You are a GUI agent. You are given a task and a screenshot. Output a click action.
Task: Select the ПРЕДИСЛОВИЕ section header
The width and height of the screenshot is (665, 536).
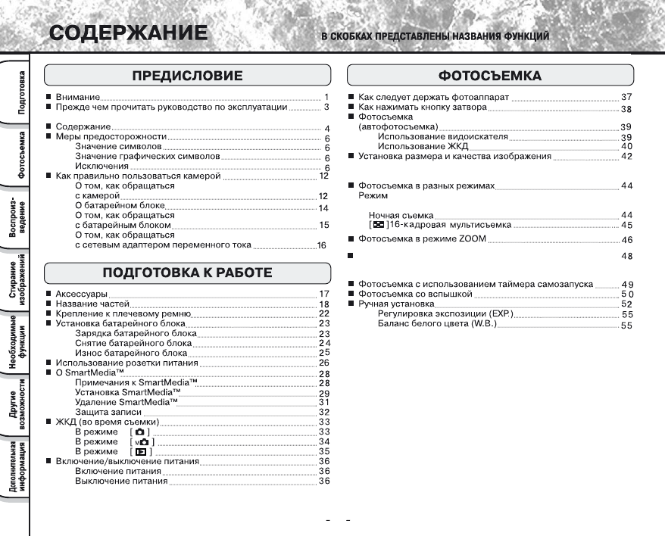187,76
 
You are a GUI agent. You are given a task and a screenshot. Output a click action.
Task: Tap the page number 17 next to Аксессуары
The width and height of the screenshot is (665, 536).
323,293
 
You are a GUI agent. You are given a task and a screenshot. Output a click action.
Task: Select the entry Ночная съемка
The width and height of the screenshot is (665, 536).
401,216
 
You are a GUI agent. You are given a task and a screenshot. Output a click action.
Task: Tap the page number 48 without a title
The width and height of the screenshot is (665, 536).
626,257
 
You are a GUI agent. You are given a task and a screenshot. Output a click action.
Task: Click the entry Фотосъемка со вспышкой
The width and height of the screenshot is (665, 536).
415,294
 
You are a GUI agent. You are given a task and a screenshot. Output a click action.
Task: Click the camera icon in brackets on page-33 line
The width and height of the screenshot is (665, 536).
139,432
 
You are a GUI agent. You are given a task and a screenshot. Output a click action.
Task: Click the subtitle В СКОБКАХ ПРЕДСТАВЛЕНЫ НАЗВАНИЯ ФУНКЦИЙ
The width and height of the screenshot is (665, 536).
436,36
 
